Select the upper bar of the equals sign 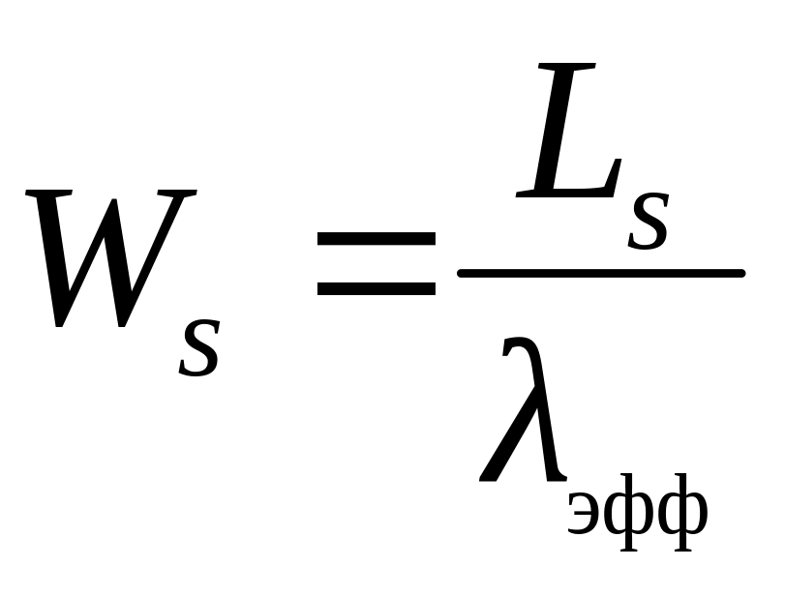[376, 238]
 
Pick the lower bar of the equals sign [376, 287]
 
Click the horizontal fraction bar [600, 273]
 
